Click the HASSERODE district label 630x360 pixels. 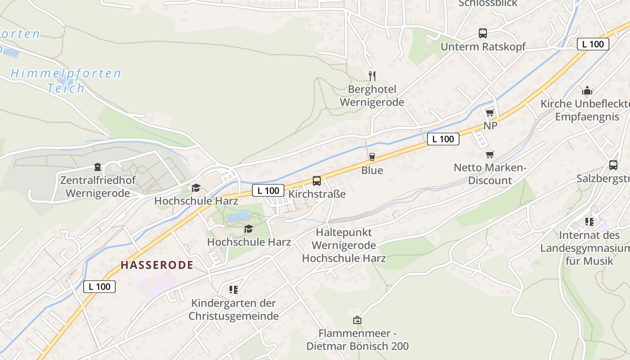(x=157, y=265)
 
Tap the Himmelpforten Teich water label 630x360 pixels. (x=66, y=80)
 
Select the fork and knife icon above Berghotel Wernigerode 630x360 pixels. (x=372, y=76)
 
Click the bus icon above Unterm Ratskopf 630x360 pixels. (x=483, y=33)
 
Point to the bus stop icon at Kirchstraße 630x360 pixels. (x=317, y=181)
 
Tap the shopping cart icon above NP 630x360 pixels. (x=490, y=112)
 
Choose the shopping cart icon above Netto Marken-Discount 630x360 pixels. (x=490, y=155)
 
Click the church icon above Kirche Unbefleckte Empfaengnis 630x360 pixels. (x=587, y=91)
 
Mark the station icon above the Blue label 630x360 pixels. (x=372, y=157)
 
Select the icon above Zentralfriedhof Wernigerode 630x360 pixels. (x=98, y=167)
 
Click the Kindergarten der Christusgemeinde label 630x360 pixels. (x=234, y=310)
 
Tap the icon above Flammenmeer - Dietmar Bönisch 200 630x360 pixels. (x=357, y=320)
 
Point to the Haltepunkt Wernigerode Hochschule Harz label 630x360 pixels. (x=344, y=245)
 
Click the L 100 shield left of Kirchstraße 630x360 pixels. (x=268, y=190)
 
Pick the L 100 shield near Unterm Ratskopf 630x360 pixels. (x=593, y=44)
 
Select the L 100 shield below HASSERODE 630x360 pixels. (x=99, y=287)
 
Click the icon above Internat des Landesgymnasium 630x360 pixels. (x=589, y=222)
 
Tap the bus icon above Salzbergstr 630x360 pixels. (x=613, y=165)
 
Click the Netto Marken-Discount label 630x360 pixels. (x=490, y=174)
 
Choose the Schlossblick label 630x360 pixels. (x=488, y=4)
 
